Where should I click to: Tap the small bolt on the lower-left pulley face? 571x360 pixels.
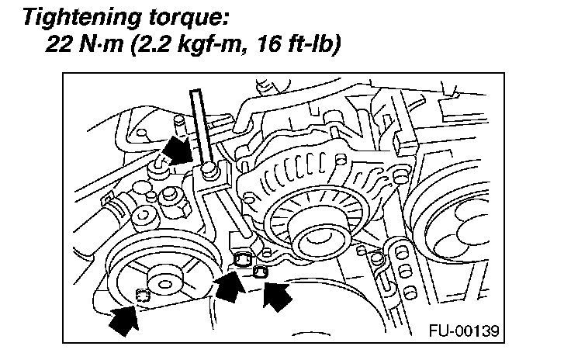pyautogui.click(x=142, y=293)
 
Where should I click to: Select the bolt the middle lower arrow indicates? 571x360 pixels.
pyautogui.click(x=242, y=259)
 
